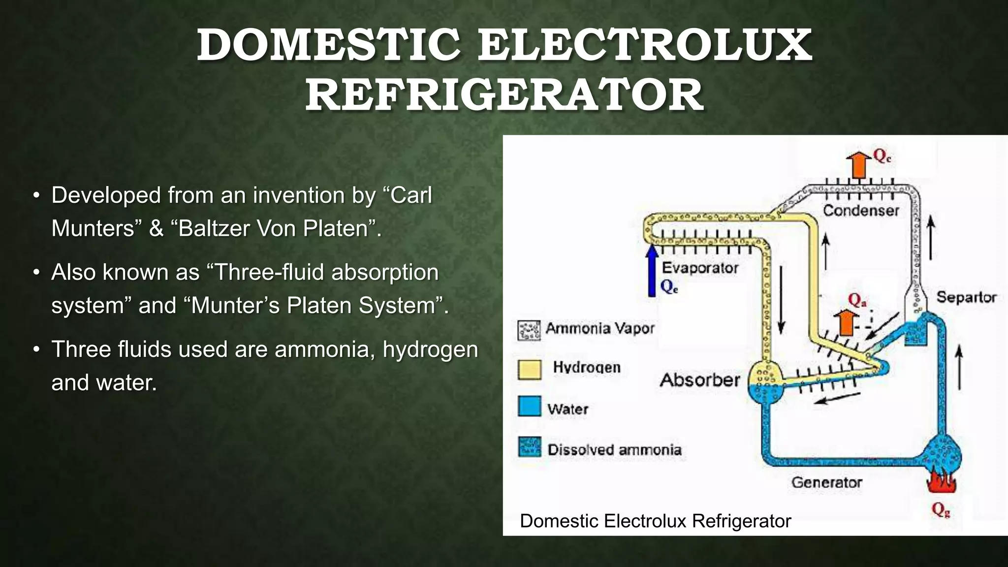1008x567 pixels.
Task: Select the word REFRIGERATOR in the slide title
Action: [504, 94]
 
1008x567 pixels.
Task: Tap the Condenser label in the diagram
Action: [861, 211]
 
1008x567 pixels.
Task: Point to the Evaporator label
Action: [699, 268]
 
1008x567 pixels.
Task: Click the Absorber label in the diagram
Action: [699, 380]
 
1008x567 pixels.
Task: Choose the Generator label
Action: [826, 482]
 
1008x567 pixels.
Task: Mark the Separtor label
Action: [966, 297]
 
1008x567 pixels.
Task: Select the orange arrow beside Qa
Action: [846, 322]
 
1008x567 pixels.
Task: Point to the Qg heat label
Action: [940, 510]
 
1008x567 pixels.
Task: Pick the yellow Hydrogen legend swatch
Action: [530, 369]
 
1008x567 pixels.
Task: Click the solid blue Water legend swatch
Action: [530, 407]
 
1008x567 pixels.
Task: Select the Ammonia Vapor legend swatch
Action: [530, 330]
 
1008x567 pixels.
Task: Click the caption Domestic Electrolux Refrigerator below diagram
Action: [655, 521]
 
